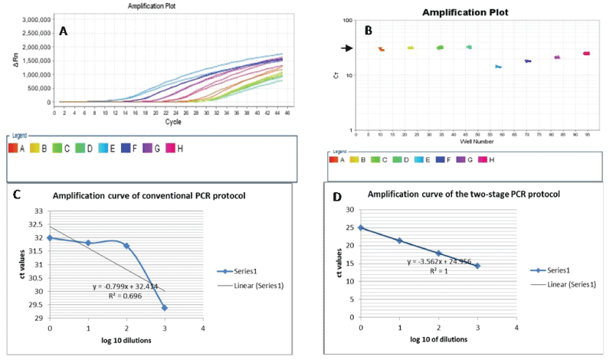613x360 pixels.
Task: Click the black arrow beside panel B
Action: coord(347,48)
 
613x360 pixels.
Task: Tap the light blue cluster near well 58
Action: coord(498,67)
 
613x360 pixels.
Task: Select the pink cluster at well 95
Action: coord(586,54)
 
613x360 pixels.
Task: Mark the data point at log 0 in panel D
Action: coord(360,227)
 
